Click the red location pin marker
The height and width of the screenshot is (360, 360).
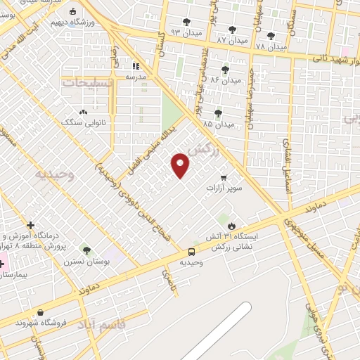click(x=181, y=165)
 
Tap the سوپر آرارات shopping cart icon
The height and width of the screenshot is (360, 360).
click(x=224, y=177)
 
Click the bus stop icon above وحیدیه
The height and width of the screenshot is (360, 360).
click(x=191, y=252)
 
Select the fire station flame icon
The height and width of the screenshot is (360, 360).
click(x=231, y=225)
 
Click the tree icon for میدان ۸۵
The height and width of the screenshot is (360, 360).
click(x=218, y=112)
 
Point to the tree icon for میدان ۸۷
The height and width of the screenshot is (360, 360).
click(x=232, y=30)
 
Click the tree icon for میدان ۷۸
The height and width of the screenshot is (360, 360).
click(x=271, y=36)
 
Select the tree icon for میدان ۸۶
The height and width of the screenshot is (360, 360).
click(x=225, y=70)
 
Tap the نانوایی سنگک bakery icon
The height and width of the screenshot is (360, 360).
click(x=84, y=112)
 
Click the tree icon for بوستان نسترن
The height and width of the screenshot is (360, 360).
click(x=86, y=250)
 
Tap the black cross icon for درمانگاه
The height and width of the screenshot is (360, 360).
click(x=30, y=224)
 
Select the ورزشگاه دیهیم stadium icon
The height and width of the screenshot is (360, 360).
click(x=74, y=11)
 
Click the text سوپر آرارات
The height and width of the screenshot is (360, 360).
click(x=224, y=189)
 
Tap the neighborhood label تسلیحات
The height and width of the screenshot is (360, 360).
click(x=88, y=82)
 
